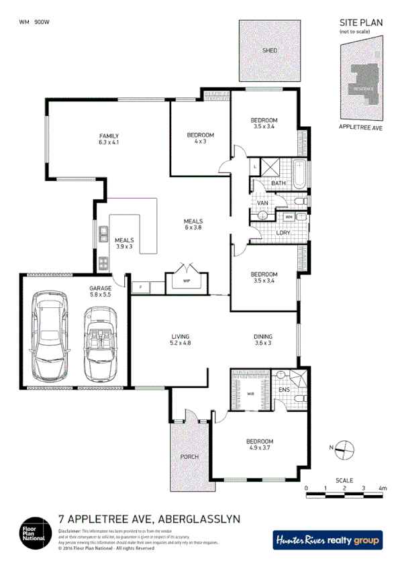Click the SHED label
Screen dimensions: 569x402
coord(270,50)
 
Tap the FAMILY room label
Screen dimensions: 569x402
coord(108,139)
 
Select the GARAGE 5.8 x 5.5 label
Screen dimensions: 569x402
coord(101,291)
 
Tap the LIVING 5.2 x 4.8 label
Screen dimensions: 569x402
coord(181,340)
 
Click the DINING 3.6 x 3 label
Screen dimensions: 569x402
coord(262,340)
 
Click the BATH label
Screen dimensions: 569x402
coord(278,183)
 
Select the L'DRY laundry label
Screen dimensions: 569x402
coord(283,233)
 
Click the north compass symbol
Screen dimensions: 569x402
coord(344,448)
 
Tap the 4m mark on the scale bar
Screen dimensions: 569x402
coord(383,488)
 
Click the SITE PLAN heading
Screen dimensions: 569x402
coord(360,23)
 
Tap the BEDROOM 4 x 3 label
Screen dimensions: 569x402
coord(200,138)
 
